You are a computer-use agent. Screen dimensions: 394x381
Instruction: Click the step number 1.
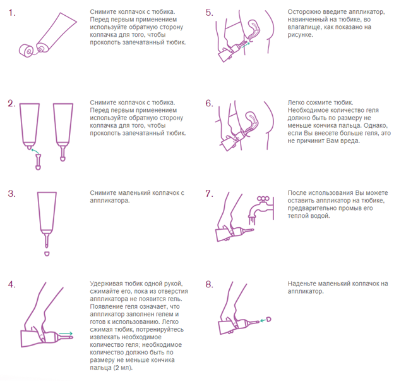pos(11,13)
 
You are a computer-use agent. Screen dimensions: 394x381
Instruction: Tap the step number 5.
pos(209,13)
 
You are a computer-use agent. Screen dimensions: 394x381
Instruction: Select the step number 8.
pos(209,285)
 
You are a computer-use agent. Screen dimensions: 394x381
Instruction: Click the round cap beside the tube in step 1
pos(26,51)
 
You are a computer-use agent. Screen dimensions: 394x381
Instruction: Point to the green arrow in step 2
pos(35,151)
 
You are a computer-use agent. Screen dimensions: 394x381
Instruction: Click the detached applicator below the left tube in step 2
pos(38,162)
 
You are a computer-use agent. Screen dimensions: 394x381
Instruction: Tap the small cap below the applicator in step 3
pos(47,254)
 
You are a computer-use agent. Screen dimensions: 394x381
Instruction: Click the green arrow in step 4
pos(66,334)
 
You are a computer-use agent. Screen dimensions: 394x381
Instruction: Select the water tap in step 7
pos(261,208)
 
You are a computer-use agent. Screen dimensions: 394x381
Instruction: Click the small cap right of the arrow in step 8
pos(268,320)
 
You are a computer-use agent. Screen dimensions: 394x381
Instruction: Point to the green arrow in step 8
pos(263,321)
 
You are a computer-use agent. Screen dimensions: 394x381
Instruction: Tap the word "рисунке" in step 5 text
pos(301,35)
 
